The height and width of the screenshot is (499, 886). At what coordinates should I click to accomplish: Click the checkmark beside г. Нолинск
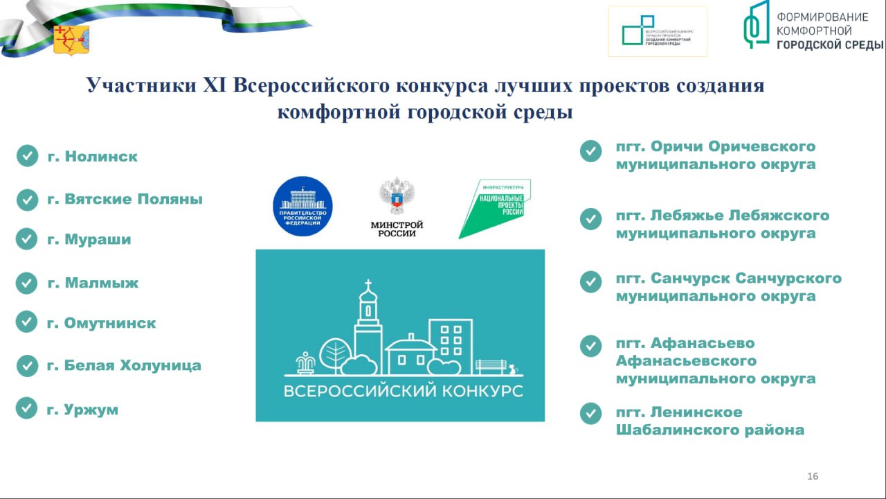pos(27,156)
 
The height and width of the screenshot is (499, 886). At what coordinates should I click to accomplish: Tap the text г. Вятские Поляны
pos(125,199)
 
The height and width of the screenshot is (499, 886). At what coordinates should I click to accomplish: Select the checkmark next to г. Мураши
pos(26,239)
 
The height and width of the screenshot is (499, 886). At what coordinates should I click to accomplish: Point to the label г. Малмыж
pos(93,283)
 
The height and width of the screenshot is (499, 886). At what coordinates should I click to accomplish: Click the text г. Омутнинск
pos(101,323)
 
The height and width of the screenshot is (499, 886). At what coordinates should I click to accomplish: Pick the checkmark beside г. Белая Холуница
pos(27,365)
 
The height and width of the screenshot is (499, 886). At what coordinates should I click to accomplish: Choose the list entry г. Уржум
pos(82,410)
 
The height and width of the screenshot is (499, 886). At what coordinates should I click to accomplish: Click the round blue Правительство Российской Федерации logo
pos(303,206)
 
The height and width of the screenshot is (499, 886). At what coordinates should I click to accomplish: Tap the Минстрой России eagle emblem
pos(397,197)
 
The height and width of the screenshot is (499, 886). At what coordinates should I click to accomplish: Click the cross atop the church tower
pos(368,284)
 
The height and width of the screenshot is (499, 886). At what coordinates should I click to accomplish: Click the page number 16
pos(813,476)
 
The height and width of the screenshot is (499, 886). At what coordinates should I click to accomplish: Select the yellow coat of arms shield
pos(71,40)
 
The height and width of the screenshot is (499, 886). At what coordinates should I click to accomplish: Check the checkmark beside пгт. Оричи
pos(590,152)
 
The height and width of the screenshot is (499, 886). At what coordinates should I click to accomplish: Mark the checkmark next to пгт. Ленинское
pos(590,413)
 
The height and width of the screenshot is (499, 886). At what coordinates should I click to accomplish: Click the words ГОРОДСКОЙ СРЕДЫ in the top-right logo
pos(830,45)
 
